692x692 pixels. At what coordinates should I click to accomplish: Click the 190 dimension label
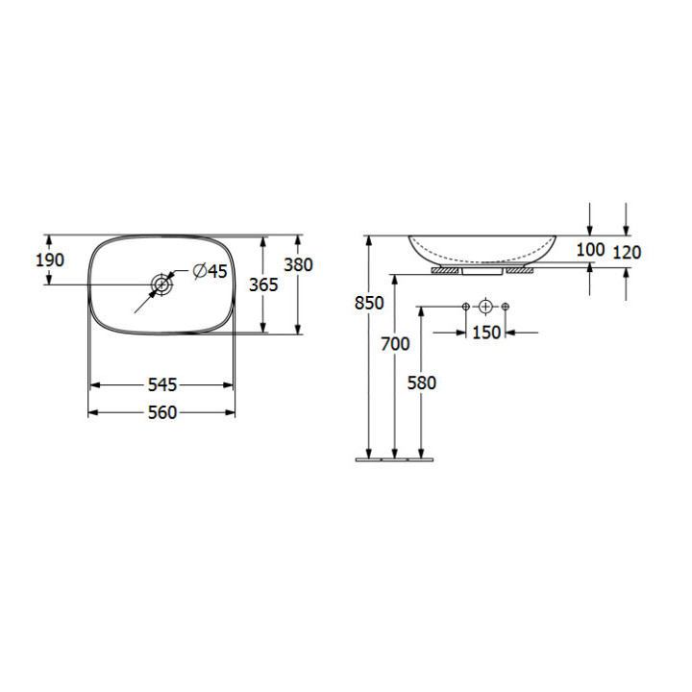pyautogui.click(x=50, y=259)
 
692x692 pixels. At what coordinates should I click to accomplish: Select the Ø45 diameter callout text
pyautogui.click(x=210, y=271)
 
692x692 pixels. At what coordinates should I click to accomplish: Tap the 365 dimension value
pyautogui.click(x=263, y=284)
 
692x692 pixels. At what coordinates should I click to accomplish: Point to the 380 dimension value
pyautogui.click(x=298, y=264)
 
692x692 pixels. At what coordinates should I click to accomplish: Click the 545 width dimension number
pyautogui.click(x=162, y=384)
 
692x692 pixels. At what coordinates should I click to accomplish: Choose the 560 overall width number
pyautogui.click(x=162, y=412)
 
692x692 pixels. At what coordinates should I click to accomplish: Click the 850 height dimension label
pyautogui.click(x=369, y=303)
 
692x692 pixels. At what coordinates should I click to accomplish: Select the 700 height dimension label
pyautogui.click(x=395, y=344)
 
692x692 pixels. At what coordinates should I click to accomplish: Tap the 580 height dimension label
pyautogui.click(x=422, y=383)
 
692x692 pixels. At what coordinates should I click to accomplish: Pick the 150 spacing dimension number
pyautogui.click(x=486, y=333)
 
